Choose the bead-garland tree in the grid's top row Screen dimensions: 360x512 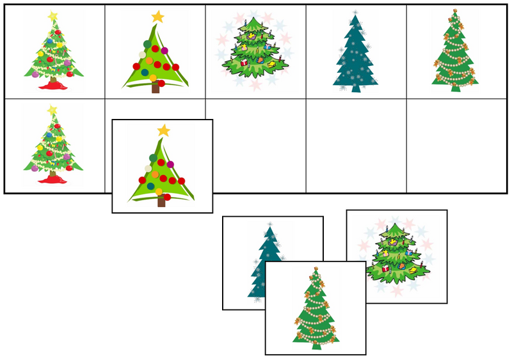coord(456,51)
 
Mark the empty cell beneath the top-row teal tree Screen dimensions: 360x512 coord(356,146)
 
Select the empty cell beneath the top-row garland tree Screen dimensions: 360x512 coord(456,146)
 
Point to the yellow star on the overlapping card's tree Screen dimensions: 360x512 coord(164,130)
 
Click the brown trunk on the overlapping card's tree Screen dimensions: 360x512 coord(161,201)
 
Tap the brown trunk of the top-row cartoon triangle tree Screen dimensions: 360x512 coord(156,88)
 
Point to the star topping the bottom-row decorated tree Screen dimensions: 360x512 coord(52,110)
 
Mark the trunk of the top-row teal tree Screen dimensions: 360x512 coord(355,89)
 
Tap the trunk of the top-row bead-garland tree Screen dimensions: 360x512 coord(456,88)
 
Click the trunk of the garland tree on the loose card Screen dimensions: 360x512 coord(316,345)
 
